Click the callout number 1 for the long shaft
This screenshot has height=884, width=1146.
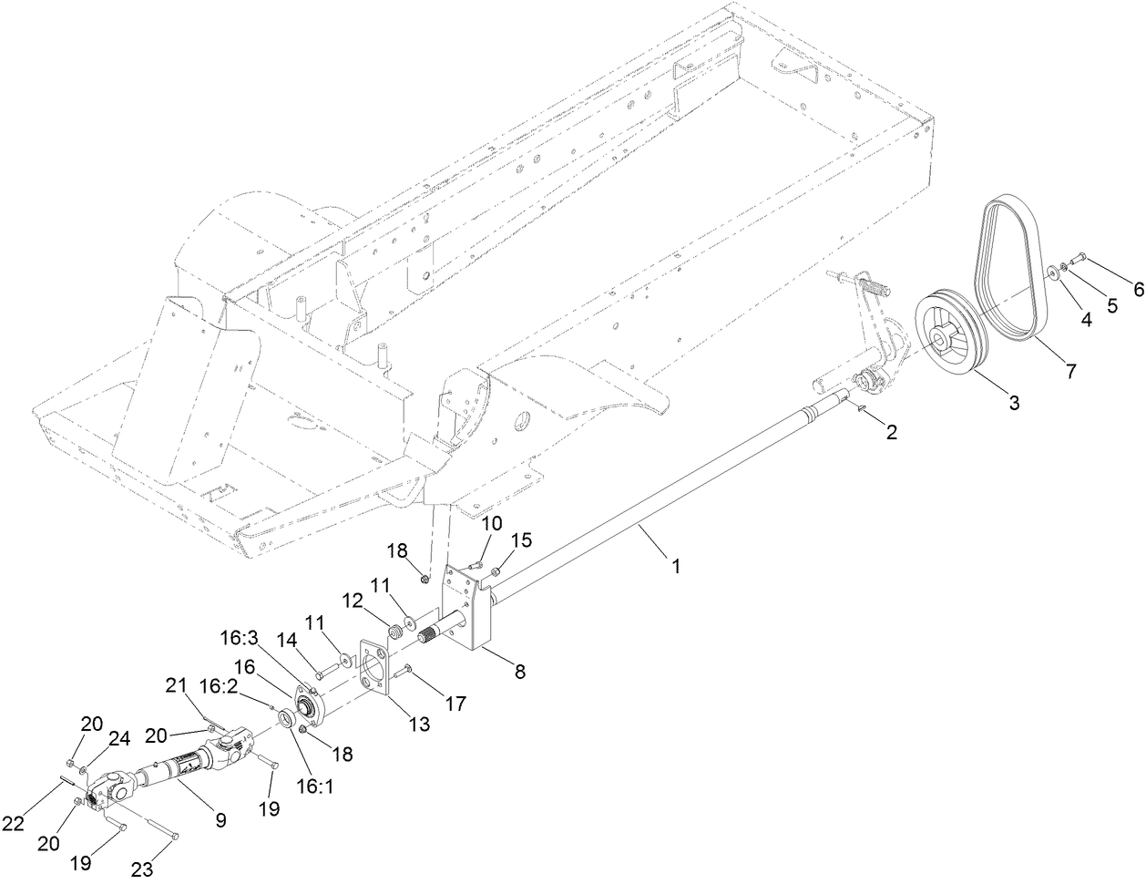pyautogui.click(x=676, y=565)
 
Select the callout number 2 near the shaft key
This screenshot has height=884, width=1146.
pyautogui.click(x=891, y=433)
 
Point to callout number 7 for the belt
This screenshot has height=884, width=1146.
pyautogui.click(x=1069, y=371)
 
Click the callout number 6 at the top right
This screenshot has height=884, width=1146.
pyautogui.click(x=1137, y=289)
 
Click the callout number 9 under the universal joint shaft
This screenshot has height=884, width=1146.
pyautogui.click(x=220, y=819)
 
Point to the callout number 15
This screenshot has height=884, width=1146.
pyautogui.click(x=520, y=541)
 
